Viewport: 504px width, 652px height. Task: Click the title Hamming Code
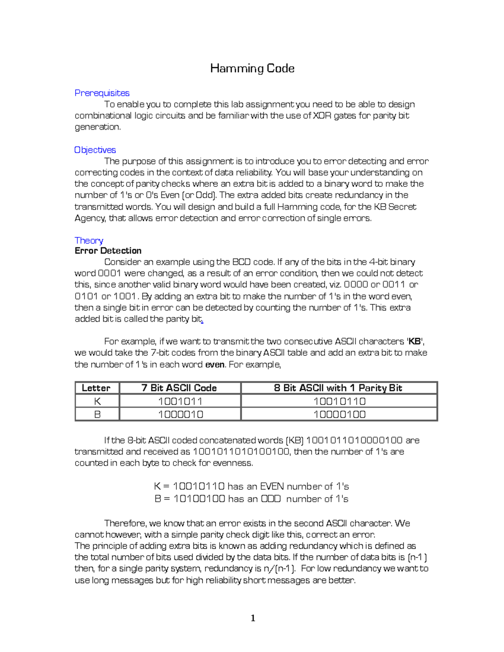(x=252, y=68)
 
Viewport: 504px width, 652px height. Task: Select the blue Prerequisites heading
(x=102, y=93)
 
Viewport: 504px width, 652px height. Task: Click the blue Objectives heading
(x=95, y=150)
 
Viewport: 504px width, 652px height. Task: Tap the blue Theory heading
(x=89, y=240)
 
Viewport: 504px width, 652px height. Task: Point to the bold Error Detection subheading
(x=108, y=251)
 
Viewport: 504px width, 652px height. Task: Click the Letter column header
(x=96, y=388)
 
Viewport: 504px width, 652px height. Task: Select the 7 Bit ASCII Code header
(x=179, y=388)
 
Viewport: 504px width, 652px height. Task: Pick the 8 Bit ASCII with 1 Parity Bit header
(x=338, y=388)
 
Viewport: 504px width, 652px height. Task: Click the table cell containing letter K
(x=97, y=401)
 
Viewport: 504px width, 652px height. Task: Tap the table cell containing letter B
(x=97, y=414)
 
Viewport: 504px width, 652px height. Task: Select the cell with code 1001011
(x=180, y=401)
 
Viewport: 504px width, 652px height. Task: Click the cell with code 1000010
(x=180, y=414)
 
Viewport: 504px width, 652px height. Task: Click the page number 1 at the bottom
(x=253, y=618)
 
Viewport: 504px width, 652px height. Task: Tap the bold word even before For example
(x=215, y=364)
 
